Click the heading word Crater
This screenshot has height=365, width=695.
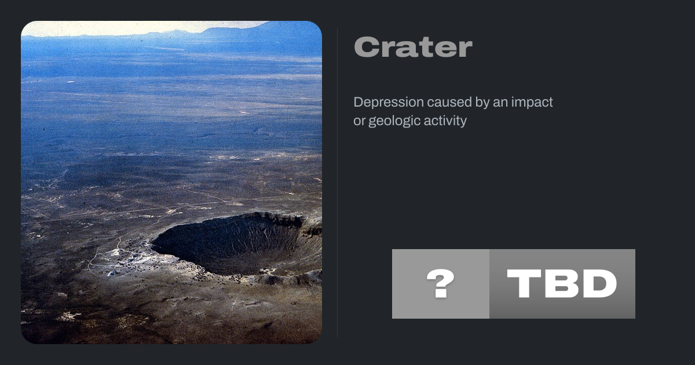413,47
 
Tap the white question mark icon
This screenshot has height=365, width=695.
440,283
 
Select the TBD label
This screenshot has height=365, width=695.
562,283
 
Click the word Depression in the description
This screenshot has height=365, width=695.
389,103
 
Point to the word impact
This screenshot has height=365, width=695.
532,103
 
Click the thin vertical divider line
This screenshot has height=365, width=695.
338,183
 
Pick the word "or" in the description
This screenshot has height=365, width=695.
359,122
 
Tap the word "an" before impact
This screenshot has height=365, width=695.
500,103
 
